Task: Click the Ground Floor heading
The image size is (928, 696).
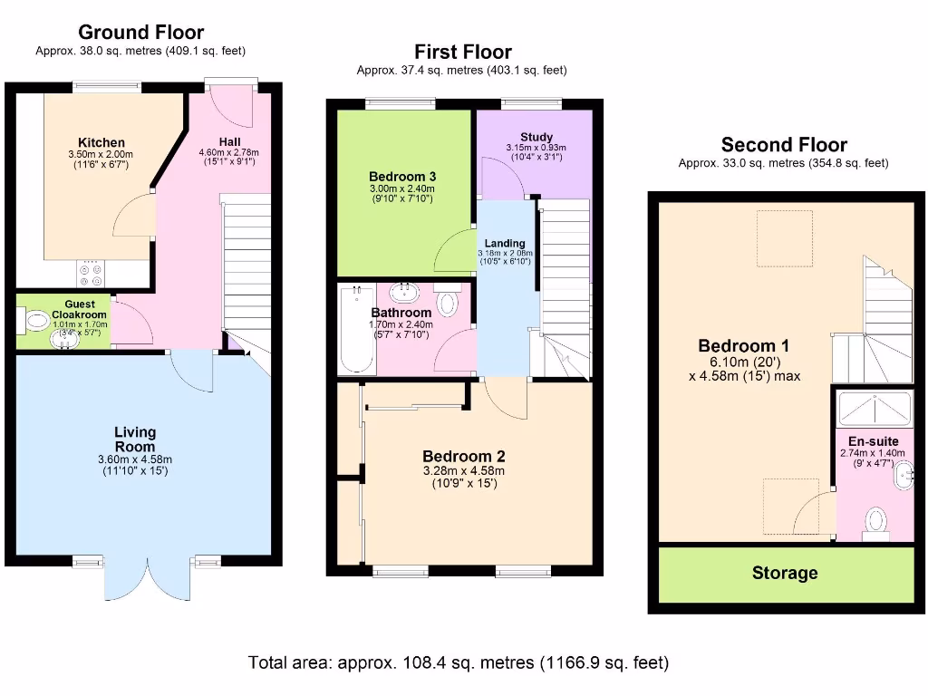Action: (x=140, y=32)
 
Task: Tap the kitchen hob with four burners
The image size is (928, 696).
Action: (x=91, y=274)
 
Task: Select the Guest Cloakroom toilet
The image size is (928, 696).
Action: (x=35, y=322)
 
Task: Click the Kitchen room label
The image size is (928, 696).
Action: (x=101, y=142)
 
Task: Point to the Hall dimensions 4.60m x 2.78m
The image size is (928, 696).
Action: (x=229, y=152)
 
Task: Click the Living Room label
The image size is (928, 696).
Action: (x=135, y=440)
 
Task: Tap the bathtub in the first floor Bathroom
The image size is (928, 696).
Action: (x=357, y=329)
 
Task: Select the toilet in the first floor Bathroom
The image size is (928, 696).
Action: (x=448, y=300)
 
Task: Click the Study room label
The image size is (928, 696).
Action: (x=536, y=138)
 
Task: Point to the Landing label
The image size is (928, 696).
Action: (x=505, y=243)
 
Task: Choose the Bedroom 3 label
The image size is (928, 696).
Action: (x=402, y=177)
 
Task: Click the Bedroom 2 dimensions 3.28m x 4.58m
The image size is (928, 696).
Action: (x=464, y=471)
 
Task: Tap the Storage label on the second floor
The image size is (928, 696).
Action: (x=785, y=573)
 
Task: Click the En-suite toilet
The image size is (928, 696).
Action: (x=876, y=524)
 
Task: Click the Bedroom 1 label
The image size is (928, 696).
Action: (x=745, y=345)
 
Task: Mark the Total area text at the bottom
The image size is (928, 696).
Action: (x=459, y=662)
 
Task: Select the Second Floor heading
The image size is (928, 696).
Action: (x=784, y=144)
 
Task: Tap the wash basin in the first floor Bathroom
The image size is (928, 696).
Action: (x=405, y=292)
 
